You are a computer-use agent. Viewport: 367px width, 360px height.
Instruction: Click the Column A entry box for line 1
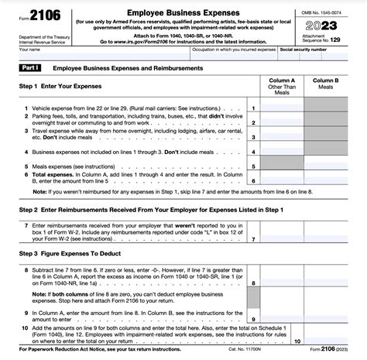(281, 108)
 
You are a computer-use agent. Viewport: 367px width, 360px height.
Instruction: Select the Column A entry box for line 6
(281, 179)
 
